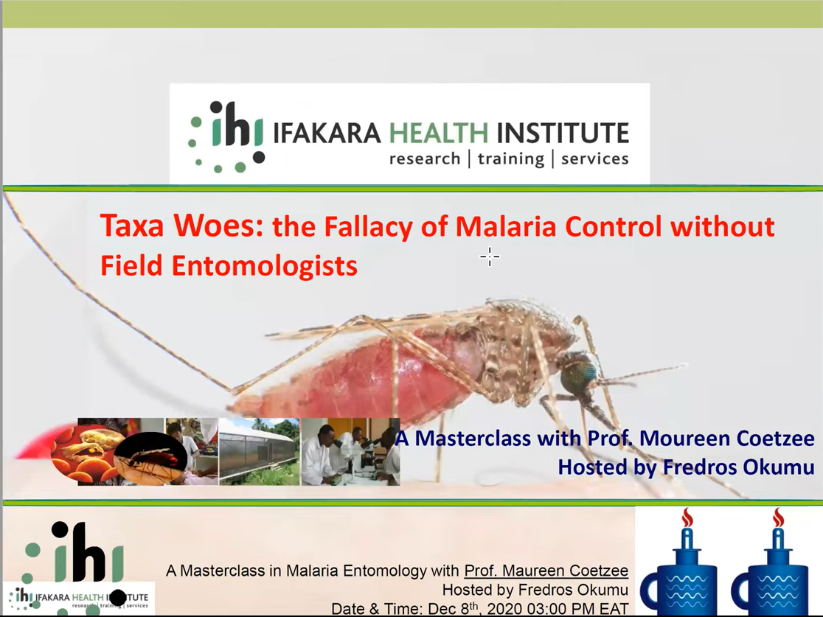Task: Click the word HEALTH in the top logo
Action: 438,133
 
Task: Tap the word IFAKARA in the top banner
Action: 327,133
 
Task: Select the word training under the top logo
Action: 511,159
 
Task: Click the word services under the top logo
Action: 594,158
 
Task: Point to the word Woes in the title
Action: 218,226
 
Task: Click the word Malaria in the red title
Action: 506,227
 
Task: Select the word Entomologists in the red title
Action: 265,266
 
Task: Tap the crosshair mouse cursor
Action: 490,257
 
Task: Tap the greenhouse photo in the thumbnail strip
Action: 260,451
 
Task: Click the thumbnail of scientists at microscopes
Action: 350,451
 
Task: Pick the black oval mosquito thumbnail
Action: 150,458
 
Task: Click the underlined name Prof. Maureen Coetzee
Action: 546,571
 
